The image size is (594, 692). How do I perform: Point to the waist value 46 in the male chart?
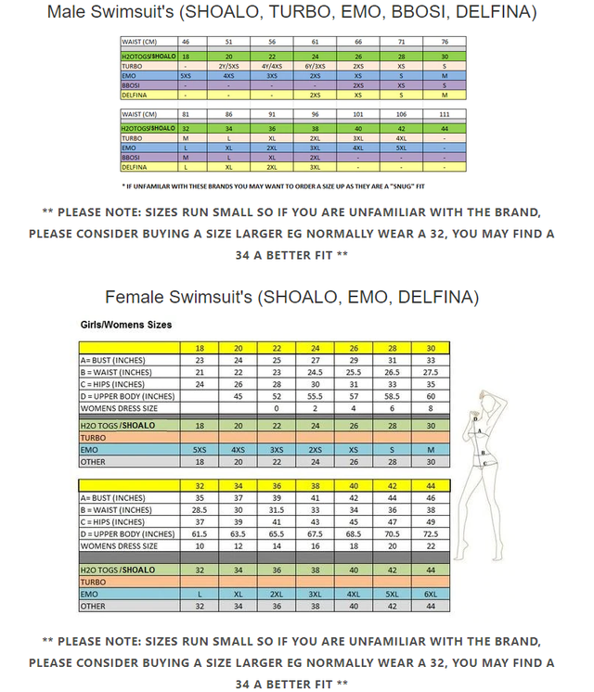(x=186, y=42)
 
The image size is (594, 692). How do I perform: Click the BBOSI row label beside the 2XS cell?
(x=133, y=84)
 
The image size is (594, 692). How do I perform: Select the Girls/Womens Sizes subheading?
(x=125, y=326)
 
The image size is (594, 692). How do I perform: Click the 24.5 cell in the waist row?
(x=315, y=372)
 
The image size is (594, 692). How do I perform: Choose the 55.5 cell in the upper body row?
(x=315, y=395)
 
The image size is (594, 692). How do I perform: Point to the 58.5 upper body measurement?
(x=392, y=395)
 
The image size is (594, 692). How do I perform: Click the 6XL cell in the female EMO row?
(x=430, y=593)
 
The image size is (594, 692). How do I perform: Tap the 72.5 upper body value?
(x=430, y=534)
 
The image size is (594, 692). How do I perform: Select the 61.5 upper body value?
(x=199, y=534)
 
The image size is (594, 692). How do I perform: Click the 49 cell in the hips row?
(x=430, y=522)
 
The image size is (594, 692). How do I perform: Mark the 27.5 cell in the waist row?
(x=430, y=372)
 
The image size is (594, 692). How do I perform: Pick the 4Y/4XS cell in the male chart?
(x=272, y=67)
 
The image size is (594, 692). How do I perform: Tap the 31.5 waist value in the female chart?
(x=277, y=510)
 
